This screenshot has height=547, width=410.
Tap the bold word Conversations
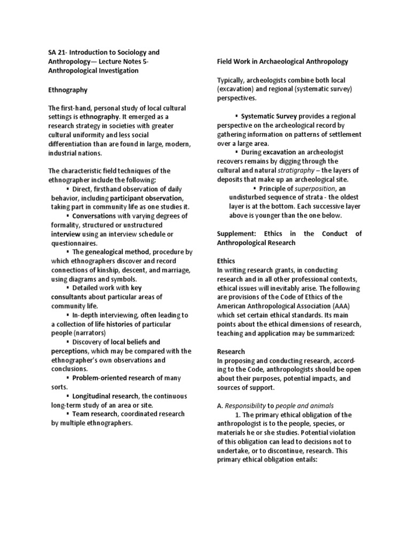[93, 216]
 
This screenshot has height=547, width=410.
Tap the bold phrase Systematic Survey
[269, 116]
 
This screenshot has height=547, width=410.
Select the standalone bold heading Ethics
[226, 261]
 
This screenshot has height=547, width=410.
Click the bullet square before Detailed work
[68, 288]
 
